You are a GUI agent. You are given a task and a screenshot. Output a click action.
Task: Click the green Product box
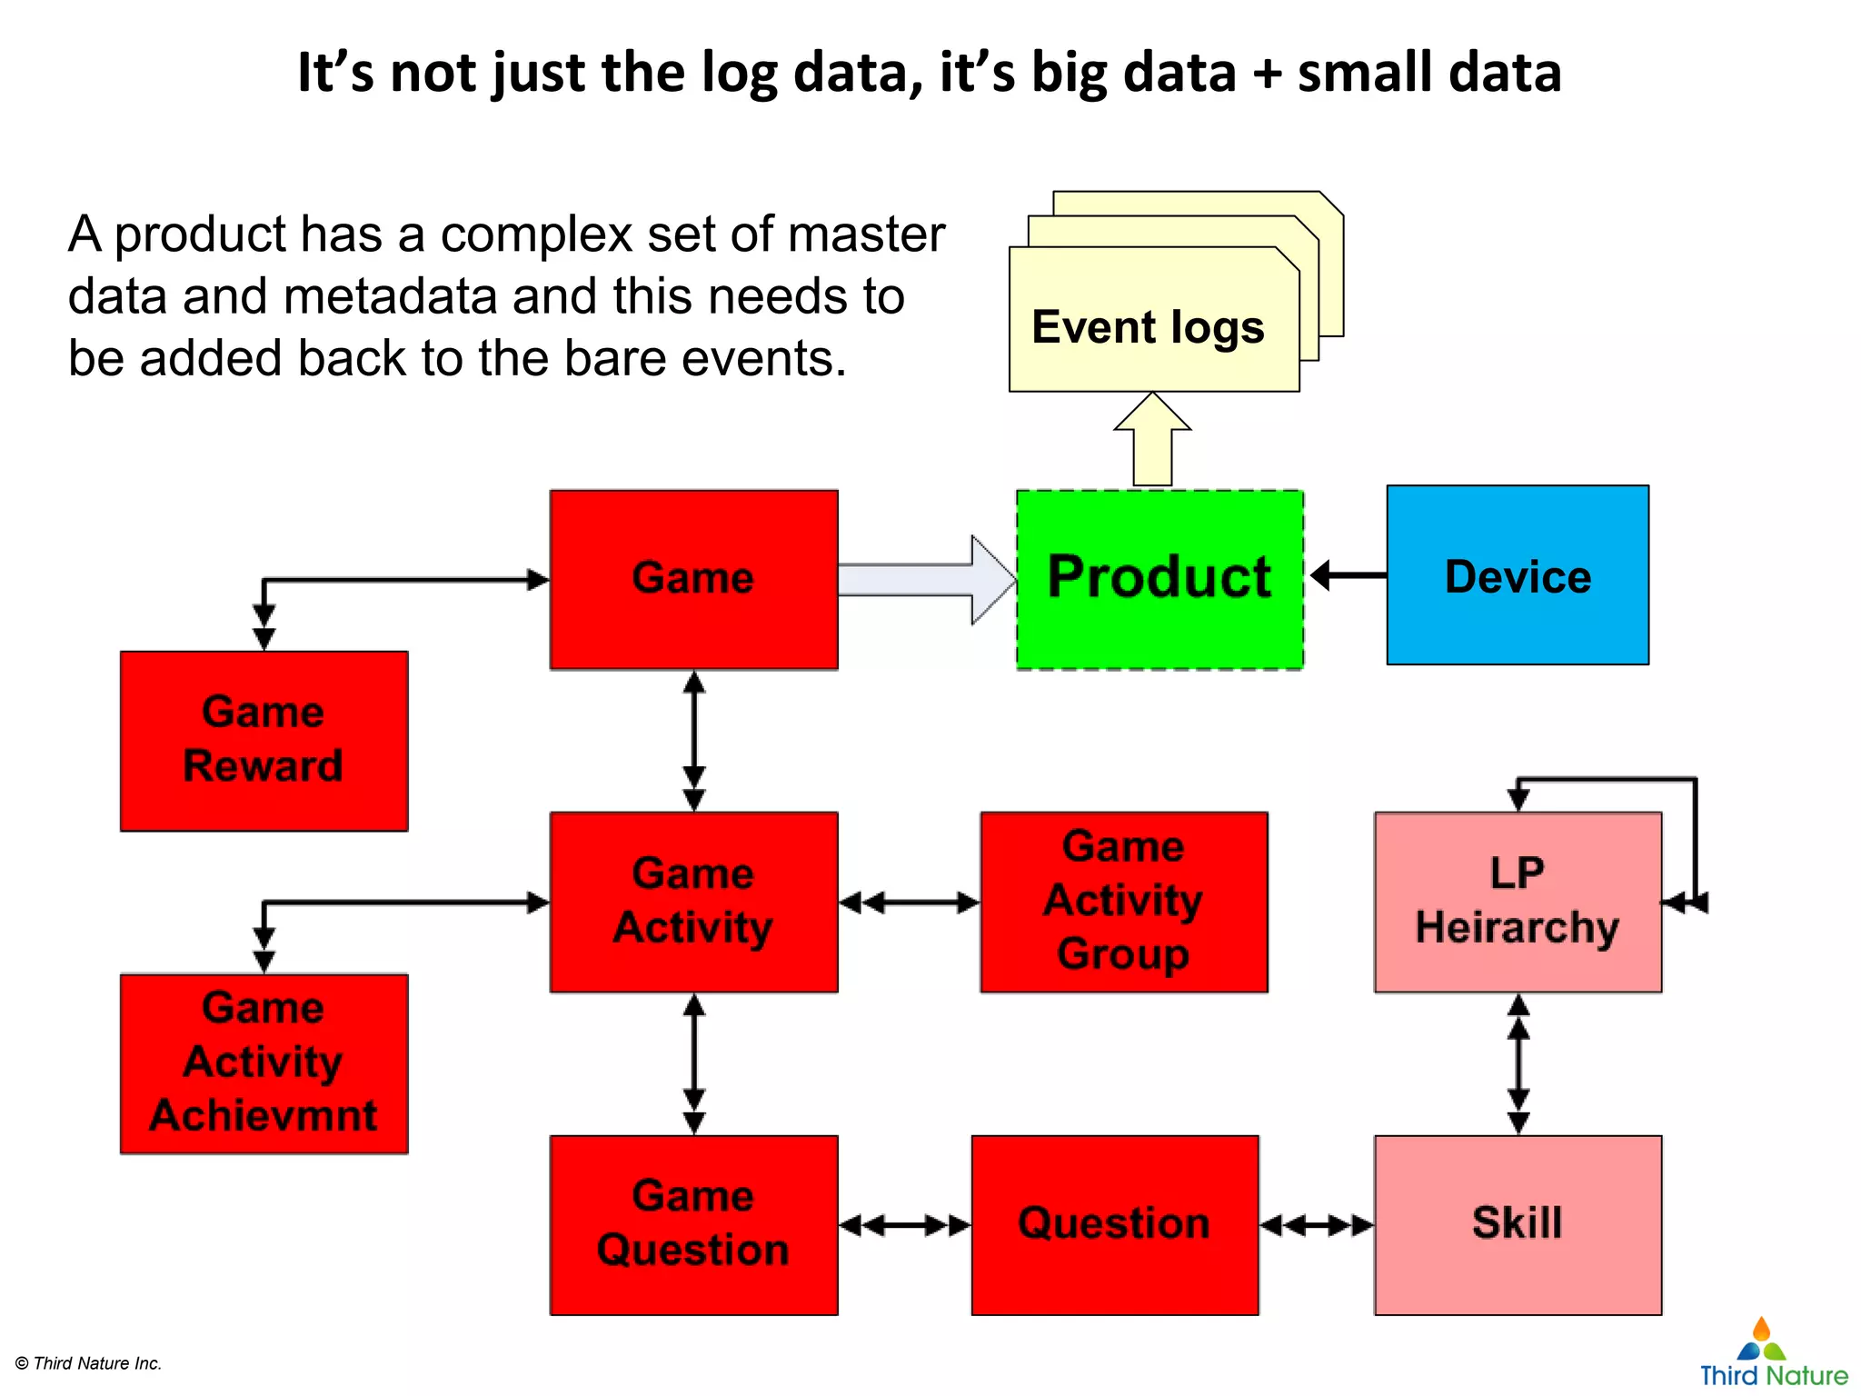click(1159, 579)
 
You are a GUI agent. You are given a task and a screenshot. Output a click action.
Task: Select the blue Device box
click(1518, 575)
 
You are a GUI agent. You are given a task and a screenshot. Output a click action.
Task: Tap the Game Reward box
click(264, 740)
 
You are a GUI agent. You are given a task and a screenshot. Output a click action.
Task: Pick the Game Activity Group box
click(1124, 901)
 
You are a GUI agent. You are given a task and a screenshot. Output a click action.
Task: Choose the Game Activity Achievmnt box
click(264, 1062)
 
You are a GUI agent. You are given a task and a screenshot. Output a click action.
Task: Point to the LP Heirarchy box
click(1518, 901)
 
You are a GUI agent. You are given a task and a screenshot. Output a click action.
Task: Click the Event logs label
click(1148, 327)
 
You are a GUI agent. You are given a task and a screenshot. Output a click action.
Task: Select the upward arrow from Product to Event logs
click(1152, 441)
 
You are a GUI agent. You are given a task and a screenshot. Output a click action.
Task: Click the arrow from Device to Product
click(1348, 574)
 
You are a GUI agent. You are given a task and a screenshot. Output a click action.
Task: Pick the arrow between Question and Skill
click(1317, 1225)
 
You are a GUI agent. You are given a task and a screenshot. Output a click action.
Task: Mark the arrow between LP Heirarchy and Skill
click(1518, 1063)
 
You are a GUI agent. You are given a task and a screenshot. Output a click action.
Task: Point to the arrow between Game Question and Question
click(904, 1225)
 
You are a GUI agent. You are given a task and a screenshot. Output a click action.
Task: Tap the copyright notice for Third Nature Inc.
click(89, 1363)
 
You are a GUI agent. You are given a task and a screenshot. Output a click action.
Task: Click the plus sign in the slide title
click(1266, 73)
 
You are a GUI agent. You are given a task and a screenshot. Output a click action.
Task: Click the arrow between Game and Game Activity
click(694, 741)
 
